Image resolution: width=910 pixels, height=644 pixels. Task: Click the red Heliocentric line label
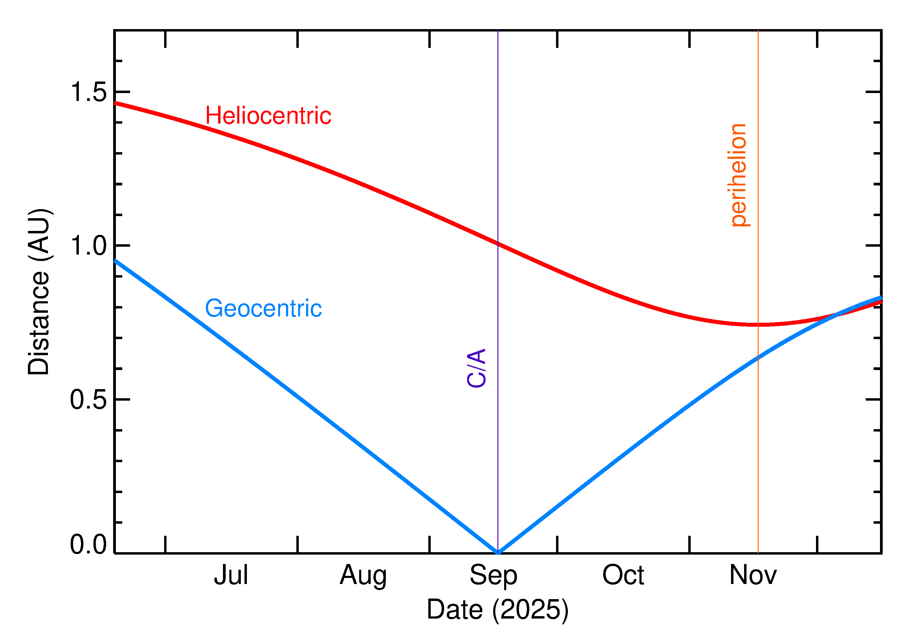(268, 116)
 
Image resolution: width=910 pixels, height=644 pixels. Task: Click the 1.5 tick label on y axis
(89, 92)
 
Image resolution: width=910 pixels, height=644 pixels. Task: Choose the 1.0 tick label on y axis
(89, 245)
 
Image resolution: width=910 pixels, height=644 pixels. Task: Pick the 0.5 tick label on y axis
(89, 399)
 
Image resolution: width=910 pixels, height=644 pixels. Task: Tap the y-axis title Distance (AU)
(39, 292)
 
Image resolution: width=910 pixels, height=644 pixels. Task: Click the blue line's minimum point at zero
(498, 552)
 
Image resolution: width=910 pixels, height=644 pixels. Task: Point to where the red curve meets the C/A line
(498, 244)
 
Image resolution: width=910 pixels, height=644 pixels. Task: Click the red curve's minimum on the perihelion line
(758, 325)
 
